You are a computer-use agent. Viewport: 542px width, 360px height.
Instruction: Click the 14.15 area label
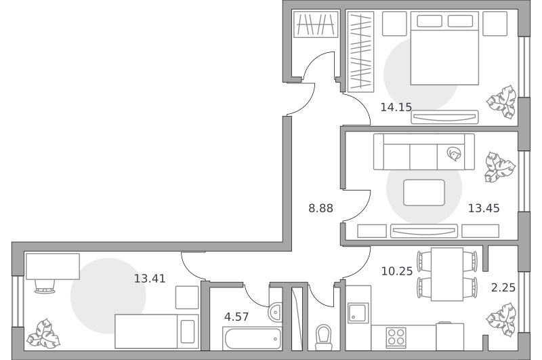point(396,107)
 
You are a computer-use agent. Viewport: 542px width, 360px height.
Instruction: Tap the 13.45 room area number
point(484,208)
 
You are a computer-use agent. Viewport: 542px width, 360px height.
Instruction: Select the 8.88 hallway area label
point(320,208)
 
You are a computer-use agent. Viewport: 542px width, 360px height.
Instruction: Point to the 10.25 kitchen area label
point(397,271)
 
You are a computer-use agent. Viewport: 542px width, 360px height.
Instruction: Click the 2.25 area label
point(503,287)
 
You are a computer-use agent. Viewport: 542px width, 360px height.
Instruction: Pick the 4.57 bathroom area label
point(236,317)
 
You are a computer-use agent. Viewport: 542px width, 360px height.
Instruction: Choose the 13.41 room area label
point(150,279)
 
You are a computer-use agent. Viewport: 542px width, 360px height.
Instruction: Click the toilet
point(324,337)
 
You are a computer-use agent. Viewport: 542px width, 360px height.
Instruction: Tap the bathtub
point(252,338)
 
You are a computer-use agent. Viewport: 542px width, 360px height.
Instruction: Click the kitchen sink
point(358,313)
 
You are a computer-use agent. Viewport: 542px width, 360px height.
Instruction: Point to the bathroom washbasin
point(275,313)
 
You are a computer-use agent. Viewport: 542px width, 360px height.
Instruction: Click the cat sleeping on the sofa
point(454,153)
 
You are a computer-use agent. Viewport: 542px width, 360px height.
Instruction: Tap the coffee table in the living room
point(424,193)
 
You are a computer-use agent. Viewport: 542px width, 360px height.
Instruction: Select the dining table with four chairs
point(447,274)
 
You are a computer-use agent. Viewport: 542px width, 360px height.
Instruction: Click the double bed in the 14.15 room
point(444,48)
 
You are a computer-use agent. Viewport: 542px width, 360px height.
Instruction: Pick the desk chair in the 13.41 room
point(45,286)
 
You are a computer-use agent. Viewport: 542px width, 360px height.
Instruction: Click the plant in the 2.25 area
point(501,319)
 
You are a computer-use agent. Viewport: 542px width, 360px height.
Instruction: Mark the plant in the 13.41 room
point(43,334)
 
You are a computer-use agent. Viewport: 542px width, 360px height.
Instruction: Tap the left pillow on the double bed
point(430,21)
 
